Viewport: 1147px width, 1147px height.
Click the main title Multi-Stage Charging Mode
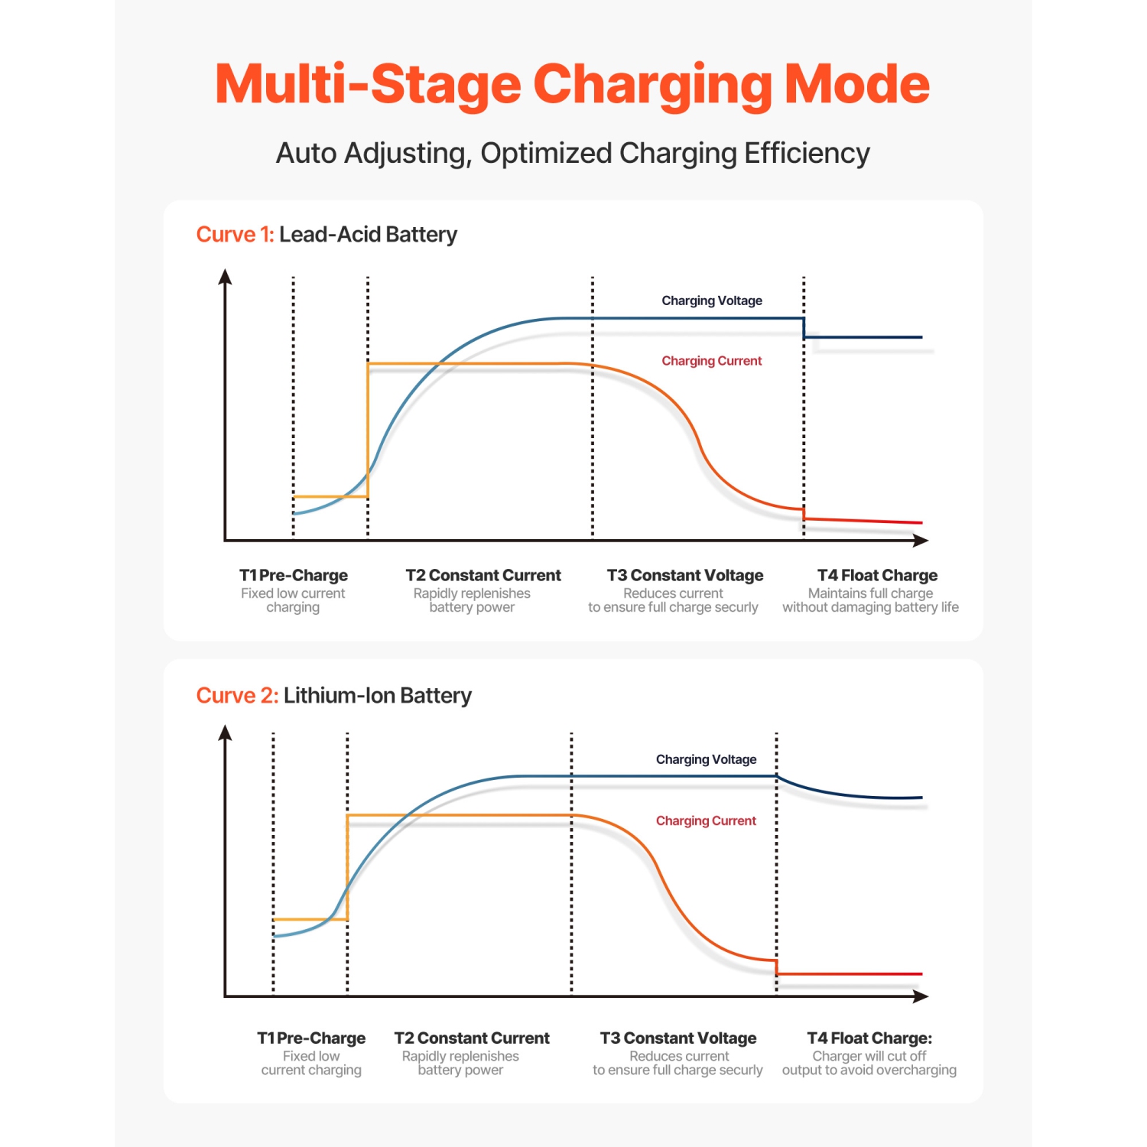point(572,84)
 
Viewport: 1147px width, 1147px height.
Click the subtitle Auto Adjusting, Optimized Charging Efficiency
point(573,153)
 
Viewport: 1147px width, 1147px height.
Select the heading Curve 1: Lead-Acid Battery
point(327,234)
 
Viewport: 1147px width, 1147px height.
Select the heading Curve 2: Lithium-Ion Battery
point(333,695)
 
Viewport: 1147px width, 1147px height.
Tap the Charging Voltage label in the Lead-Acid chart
point(711,301)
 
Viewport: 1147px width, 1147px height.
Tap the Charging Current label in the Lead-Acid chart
point(711,361)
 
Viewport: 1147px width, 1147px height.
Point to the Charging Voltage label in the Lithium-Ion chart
point(706,759)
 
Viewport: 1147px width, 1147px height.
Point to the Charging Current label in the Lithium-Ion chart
point(706,820)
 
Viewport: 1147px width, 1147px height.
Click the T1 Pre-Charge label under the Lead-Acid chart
point(293,575)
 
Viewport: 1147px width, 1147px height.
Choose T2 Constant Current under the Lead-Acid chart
point(483,575)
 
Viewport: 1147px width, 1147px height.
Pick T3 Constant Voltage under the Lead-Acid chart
point(685,575)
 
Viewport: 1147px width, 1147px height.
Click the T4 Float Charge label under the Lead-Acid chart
point(877,575)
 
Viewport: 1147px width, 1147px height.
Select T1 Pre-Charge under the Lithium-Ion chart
point(311,1038)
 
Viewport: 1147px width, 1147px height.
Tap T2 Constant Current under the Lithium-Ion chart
point(472,1038)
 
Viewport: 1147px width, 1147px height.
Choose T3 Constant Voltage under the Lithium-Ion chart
point(678,1038)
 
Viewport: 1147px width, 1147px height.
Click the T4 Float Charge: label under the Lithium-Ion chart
point(869,1038)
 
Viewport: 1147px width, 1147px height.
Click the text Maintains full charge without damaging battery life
point(870,600)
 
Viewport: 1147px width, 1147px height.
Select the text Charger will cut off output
point(869,1063)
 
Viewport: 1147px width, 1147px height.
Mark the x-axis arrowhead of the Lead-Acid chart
point(921,541)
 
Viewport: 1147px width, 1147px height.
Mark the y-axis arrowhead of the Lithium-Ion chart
point(225,733)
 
